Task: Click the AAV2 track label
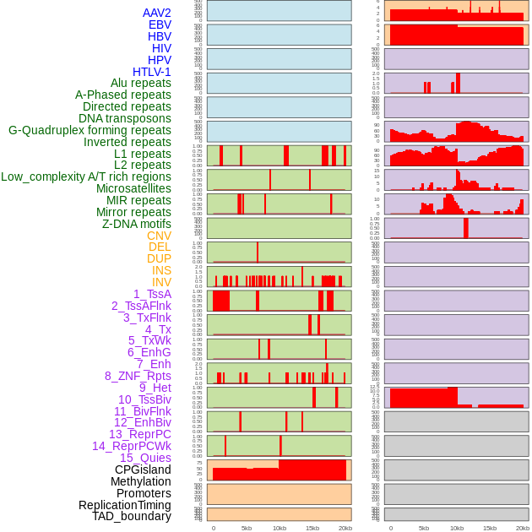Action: pyautogui.click(x=157, y=13)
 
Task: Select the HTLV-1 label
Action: pyautogui.click(x=152, y=72)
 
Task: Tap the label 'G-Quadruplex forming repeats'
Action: pyautogui.click(x=90, y=130)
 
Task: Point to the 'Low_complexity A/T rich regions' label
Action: pyautogui.click(x=86, y=176)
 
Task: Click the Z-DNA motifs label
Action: pyautogui.click(x=137, y=224)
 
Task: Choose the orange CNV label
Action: pyautogui.click(x=159, y=236)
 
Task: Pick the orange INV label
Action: pyautogui.click(x=161, y=282)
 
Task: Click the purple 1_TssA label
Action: pyautogui.click(x=152, y=294)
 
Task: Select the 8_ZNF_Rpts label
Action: pyautogui.click(x=138, y=376)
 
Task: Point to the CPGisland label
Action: pyautogui.click(x=143, y=470)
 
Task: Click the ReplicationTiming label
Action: pyautogui.click(x=125, y=505)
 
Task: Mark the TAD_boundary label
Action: pyautogui.click(x=132, y=516)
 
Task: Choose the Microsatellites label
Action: pyautogui.click(x=133, y=188)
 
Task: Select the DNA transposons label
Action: pyautogui.click(x=125, y=118)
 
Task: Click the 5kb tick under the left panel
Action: pyautogui.click(x=247, y=528)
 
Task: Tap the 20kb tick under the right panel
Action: pyautogui.click(x=523, y=528)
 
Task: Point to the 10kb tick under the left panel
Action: pyautogui.click(x=279, y=528)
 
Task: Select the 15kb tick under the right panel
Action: pyautogui.click(x=490, y=528)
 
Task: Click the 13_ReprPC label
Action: pyautogui.click(x=140, y=434)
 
